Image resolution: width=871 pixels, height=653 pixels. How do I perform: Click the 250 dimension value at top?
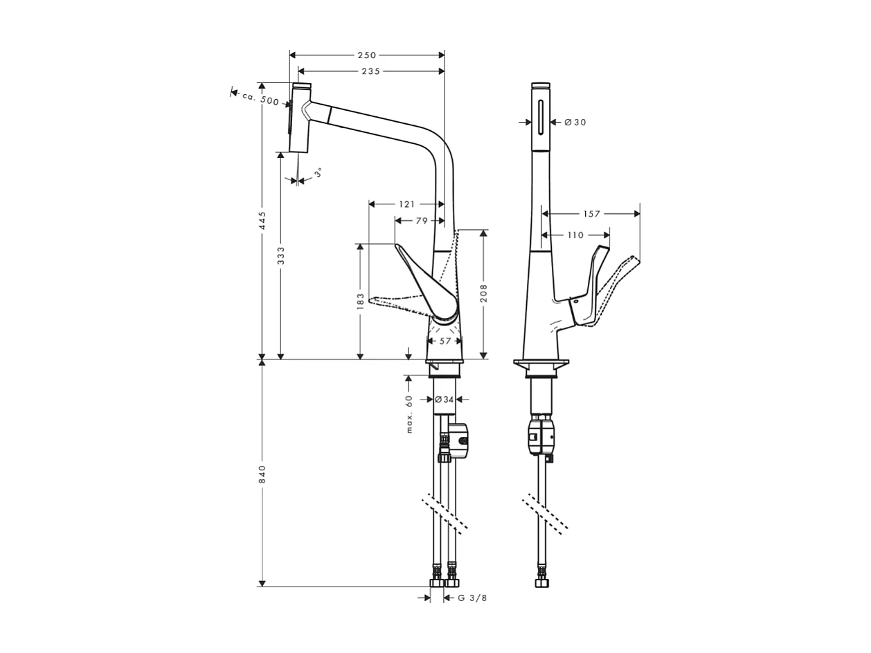click(367, 55)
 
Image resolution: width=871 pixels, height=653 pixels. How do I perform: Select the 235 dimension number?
click(370, 71)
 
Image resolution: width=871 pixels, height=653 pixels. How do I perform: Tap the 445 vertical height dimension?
click(262, 220)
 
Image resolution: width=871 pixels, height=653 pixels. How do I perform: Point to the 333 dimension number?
click(281, 255)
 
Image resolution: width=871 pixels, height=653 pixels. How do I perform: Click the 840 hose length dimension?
click(262, 474)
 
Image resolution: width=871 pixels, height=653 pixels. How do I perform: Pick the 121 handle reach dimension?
click(407, 204)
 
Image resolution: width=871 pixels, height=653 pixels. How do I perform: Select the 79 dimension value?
click(422, 221)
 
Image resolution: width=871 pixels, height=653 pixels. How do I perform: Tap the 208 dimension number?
click(484, 292)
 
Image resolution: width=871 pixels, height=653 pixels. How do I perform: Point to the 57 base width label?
click(445, 341)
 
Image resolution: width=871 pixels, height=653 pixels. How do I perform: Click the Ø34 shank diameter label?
click(444, 399)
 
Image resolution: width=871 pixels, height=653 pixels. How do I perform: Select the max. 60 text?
click(409, 413)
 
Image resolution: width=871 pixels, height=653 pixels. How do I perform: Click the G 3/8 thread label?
click(473, 598)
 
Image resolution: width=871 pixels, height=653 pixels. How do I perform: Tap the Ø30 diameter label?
click(575, 123)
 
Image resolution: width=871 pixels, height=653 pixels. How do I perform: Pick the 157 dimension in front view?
click(591, 214)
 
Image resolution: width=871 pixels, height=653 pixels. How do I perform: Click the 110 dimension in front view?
click(575, 235)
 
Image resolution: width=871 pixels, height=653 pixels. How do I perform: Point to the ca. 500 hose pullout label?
click(260, 98)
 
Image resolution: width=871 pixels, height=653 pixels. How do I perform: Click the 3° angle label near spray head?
click(318, 172)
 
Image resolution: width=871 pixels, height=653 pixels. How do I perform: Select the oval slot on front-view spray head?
click(541, 116)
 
